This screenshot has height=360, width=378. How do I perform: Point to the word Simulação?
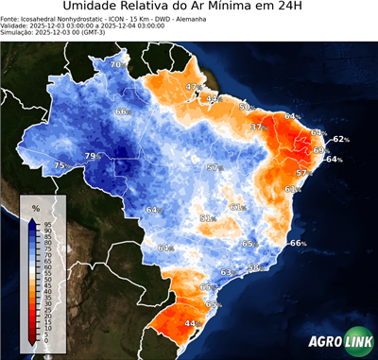tap(18, 32)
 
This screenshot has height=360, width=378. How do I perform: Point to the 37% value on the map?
tap(257, 127)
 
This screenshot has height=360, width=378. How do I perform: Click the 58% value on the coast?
tap(253, 267)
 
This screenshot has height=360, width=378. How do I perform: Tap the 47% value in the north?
tap(193, 87)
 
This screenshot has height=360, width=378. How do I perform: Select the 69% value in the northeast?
tap(320, 150)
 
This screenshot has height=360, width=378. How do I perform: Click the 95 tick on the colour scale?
tap(47, 223)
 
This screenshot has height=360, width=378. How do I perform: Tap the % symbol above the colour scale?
tap(35, 207)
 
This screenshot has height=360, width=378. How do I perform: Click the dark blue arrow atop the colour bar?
tap(32, 223)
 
